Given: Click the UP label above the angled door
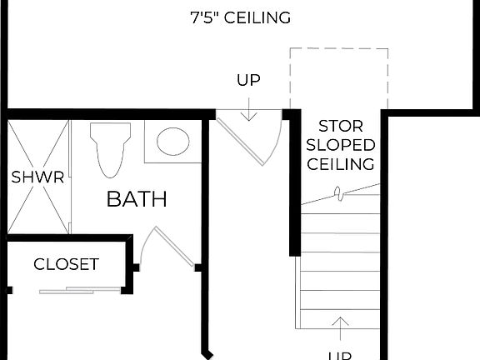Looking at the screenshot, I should coord(248,81).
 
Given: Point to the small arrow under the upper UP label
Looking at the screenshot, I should coord(249,109).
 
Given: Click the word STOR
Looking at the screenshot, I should coord(341,127).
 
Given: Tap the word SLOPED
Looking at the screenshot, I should coord(341,145).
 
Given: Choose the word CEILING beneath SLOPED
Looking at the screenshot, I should coord(341,164).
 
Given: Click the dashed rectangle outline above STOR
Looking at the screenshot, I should coord(338,50).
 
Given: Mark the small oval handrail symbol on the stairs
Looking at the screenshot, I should coord(339,195).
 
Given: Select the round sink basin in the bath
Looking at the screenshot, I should coord(172,141).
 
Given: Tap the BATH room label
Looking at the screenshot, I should coord(137,200).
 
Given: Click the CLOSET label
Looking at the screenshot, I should coord(66,265).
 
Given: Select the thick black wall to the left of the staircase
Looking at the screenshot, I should coord(294,183).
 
